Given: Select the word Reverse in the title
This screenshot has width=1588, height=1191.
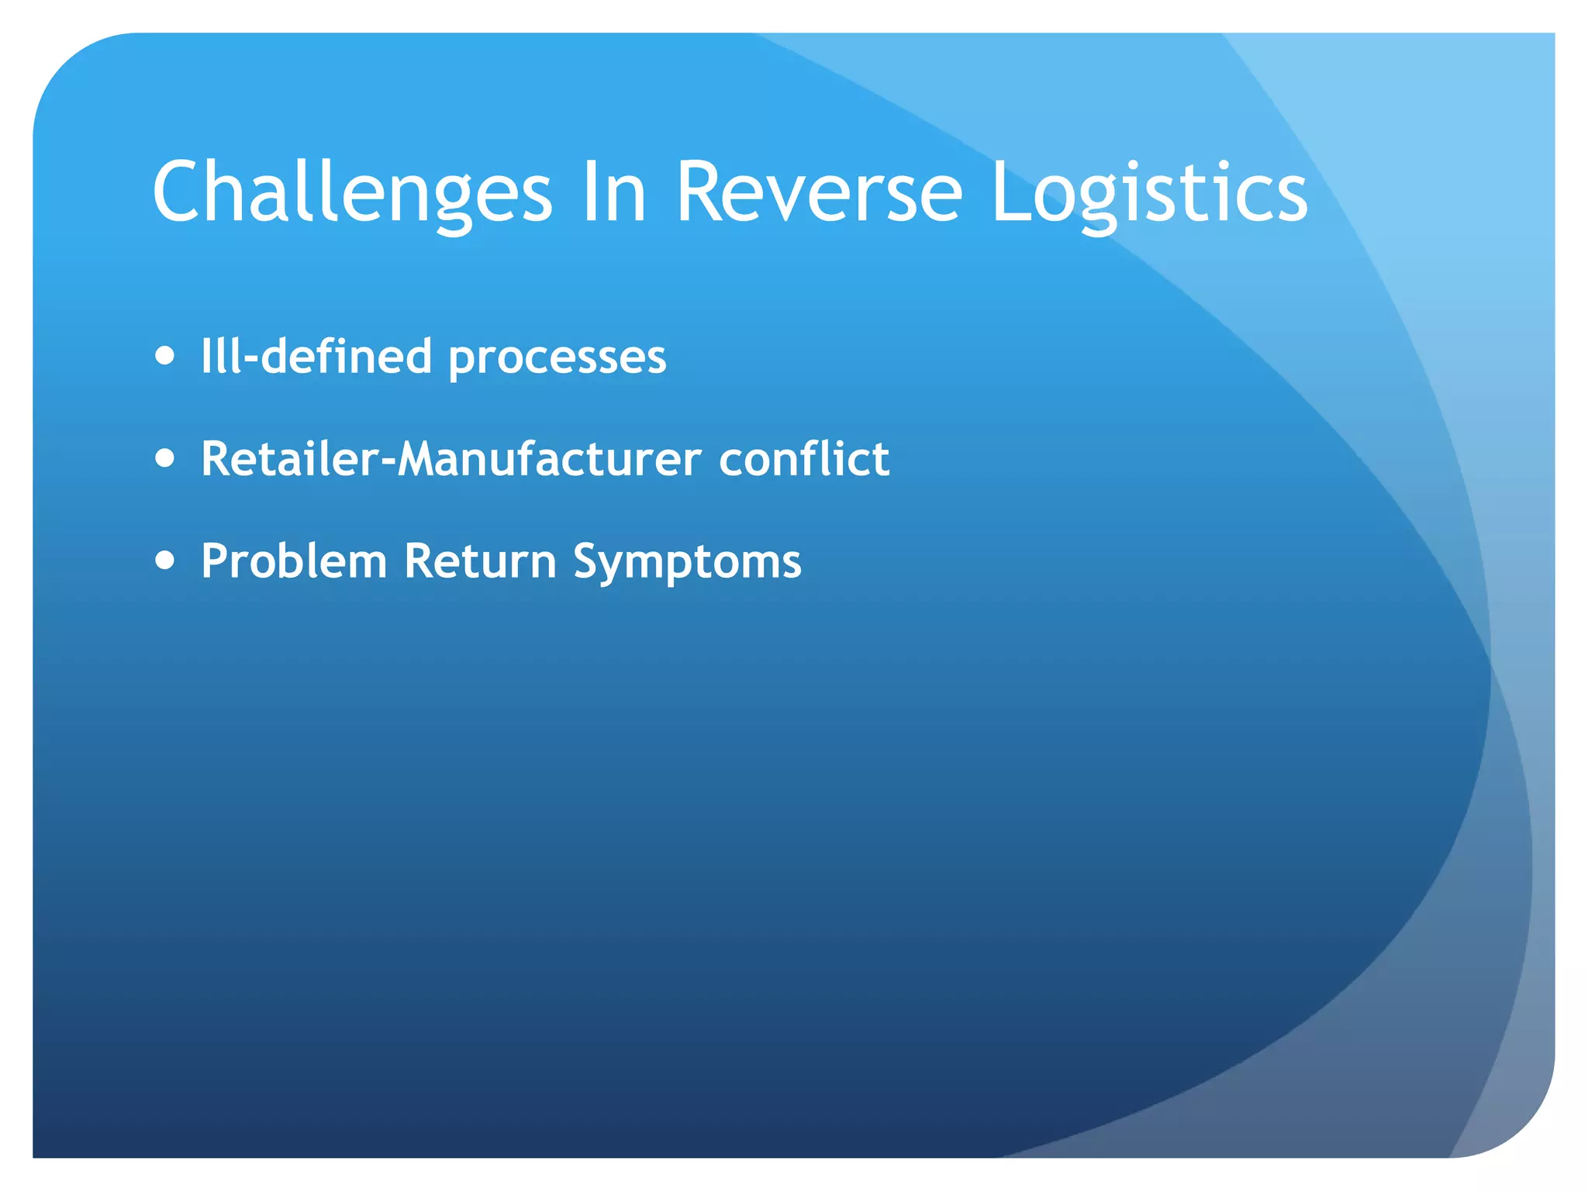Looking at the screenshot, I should (819, 192).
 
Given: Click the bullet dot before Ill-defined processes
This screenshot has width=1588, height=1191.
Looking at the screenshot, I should (164, 356).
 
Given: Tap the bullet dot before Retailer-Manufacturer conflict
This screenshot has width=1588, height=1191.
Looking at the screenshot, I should (164, 458).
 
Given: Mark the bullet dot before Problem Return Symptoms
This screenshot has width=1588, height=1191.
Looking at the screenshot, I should (164, 560).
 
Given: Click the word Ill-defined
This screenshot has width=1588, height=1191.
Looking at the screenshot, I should (316, 357).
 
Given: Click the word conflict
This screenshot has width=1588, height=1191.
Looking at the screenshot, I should (804, 458).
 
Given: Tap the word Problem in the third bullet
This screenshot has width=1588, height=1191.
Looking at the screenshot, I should (294, 561).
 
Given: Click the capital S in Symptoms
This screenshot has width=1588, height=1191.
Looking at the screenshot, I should (589, 560).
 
